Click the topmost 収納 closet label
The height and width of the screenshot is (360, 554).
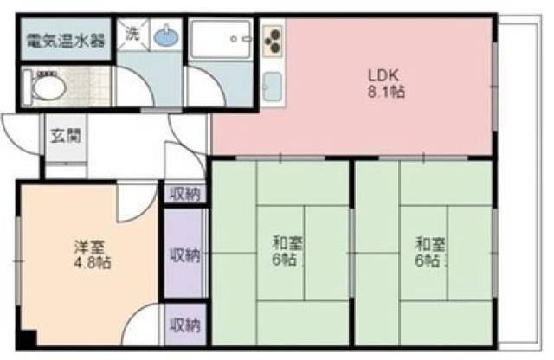184,194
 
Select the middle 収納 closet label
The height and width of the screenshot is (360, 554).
184,255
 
